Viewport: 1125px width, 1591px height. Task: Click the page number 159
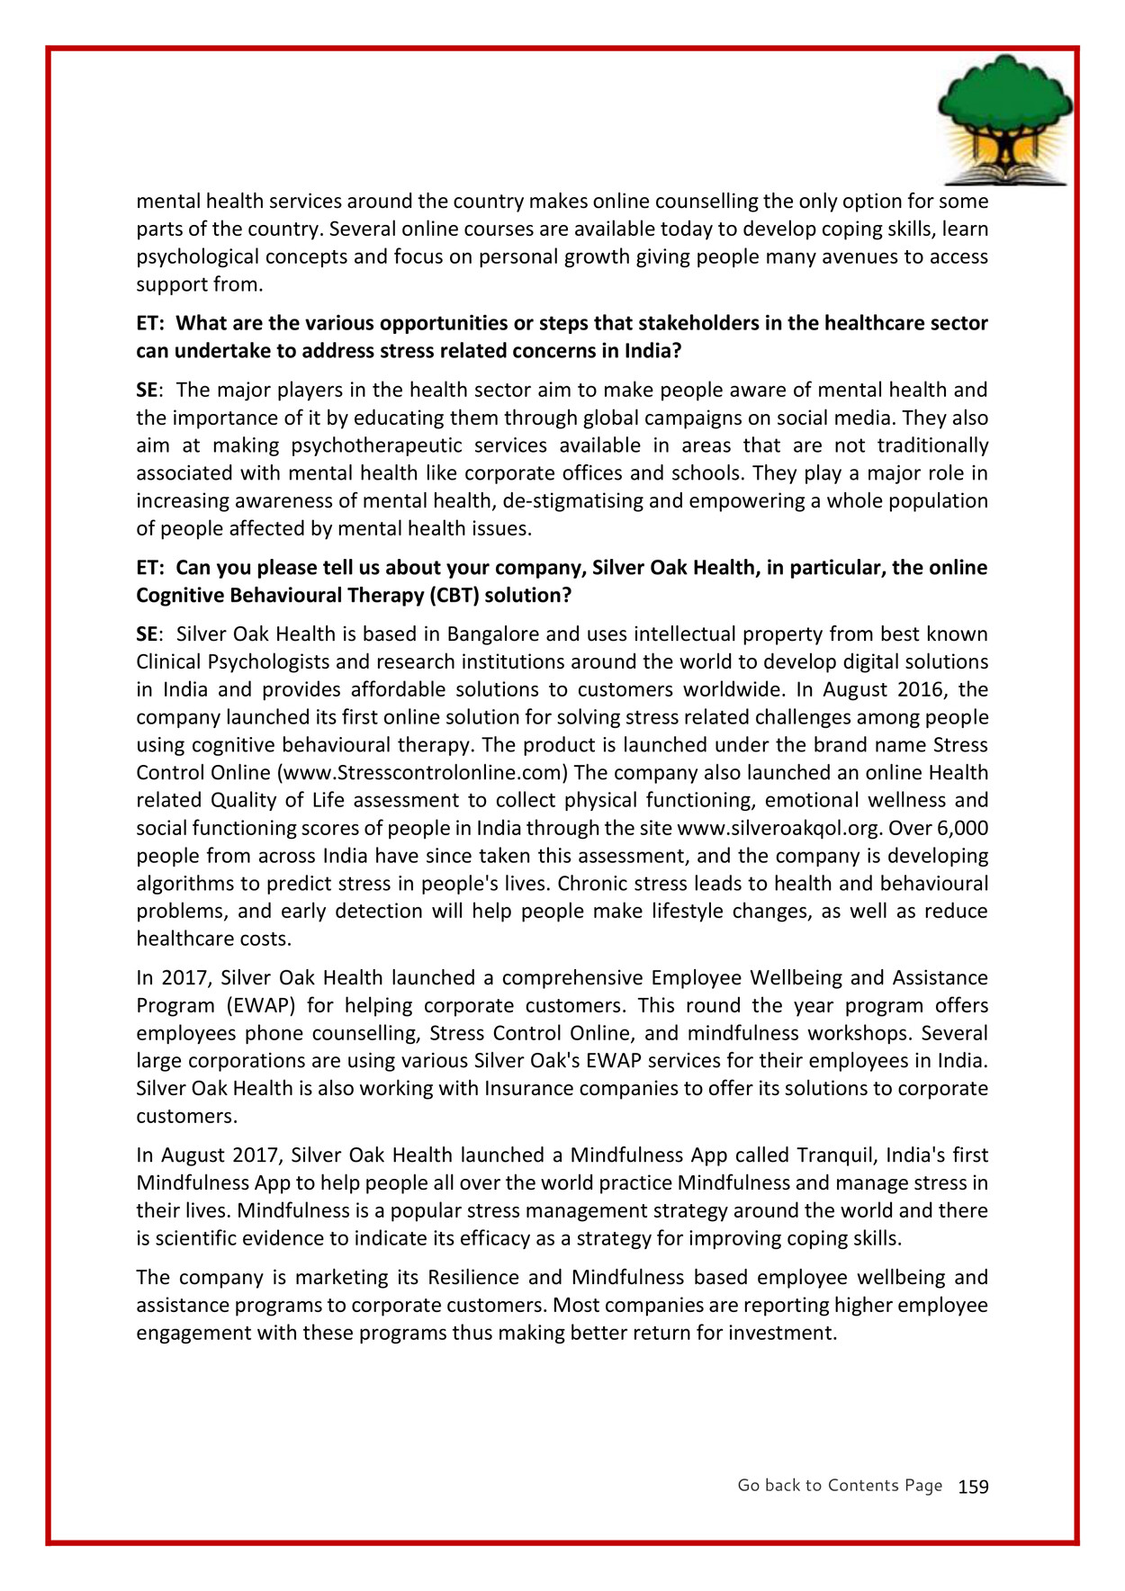(973, 1487)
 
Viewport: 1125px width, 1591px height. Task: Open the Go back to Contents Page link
(840, 1486)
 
